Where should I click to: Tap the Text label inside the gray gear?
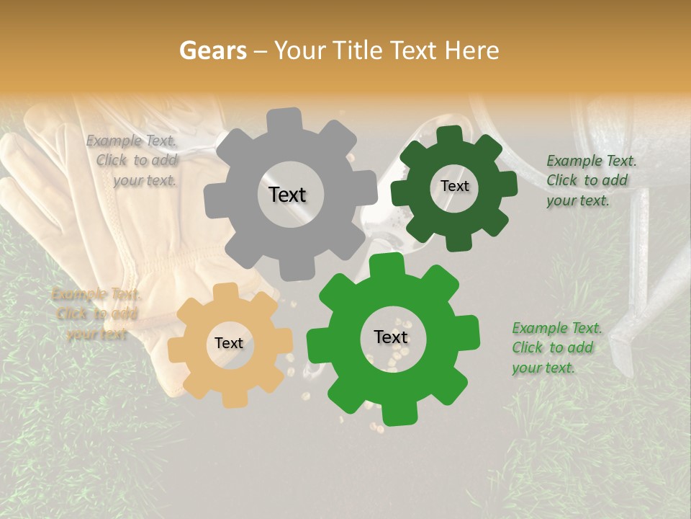tap(287, 195)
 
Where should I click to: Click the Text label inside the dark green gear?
tap(454, 186)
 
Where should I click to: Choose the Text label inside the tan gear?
tap(229, 344)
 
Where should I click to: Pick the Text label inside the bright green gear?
tap(391, 337)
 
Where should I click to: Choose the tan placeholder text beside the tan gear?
tap(96, 314)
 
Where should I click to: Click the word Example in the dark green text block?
tap(574, 161)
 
